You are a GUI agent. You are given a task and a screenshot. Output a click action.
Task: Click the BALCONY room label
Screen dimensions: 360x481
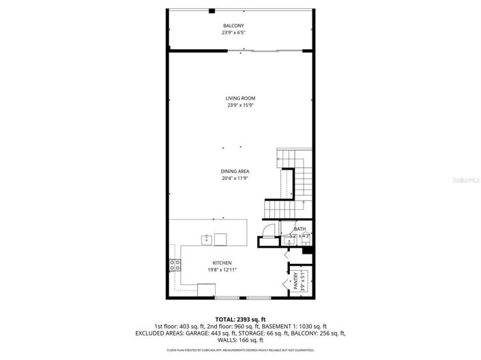(x=233, y=26)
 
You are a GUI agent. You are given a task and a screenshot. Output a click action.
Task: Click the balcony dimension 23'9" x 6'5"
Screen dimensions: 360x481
(x=233, y=33)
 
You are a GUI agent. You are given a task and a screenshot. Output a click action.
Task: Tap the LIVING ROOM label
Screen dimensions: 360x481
(x=241, y=98)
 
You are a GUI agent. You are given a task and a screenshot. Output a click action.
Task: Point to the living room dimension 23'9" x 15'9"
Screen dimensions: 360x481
(x=241, y=105)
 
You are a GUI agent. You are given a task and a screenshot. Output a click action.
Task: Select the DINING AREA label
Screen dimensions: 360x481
(x=234, y=171)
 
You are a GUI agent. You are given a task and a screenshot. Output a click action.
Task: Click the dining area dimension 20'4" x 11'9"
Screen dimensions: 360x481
(x=234, y=178)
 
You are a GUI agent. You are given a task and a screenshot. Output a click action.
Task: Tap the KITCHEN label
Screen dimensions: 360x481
(x=222, y=263)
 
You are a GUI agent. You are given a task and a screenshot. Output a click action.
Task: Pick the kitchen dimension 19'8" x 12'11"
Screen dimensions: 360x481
(x=222, y=270)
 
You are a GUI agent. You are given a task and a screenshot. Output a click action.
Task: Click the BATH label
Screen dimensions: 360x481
(x=300, y=229)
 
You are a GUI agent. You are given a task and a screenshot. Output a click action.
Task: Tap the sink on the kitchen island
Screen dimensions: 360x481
(x=205, y=239)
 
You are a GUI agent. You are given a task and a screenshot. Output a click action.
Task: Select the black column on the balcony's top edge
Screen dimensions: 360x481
(x=212, y=10)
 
